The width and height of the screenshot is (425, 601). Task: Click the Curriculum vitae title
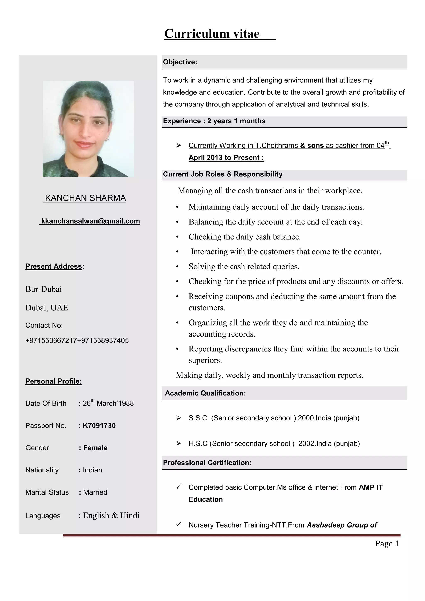point(212,34)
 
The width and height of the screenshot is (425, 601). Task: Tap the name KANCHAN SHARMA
point(85,198)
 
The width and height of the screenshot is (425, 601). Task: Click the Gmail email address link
point(90,221)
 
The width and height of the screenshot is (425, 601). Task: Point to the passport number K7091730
point(99,426)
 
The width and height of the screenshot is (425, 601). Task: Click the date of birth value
point(108,403)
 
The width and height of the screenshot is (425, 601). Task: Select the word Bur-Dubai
point(43,289)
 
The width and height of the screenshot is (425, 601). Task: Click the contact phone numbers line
point(77,340)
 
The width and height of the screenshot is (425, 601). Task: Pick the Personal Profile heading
point(54,381)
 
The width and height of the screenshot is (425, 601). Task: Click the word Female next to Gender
point(95,448)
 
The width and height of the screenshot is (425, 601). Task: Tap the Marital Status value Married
point(95,492)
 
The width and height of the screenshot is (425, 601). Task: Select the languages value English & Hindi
point(111,515)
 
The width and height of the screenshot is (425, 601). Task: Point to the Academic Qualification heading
point(205,393)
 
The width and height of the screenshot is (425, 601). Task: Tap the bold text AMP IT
point(371,487)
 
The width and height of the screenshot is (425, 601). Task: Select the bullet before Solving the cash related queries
point(177,267)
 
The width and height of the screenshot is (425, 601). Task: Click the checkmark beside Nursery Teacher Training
point(178,525)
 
